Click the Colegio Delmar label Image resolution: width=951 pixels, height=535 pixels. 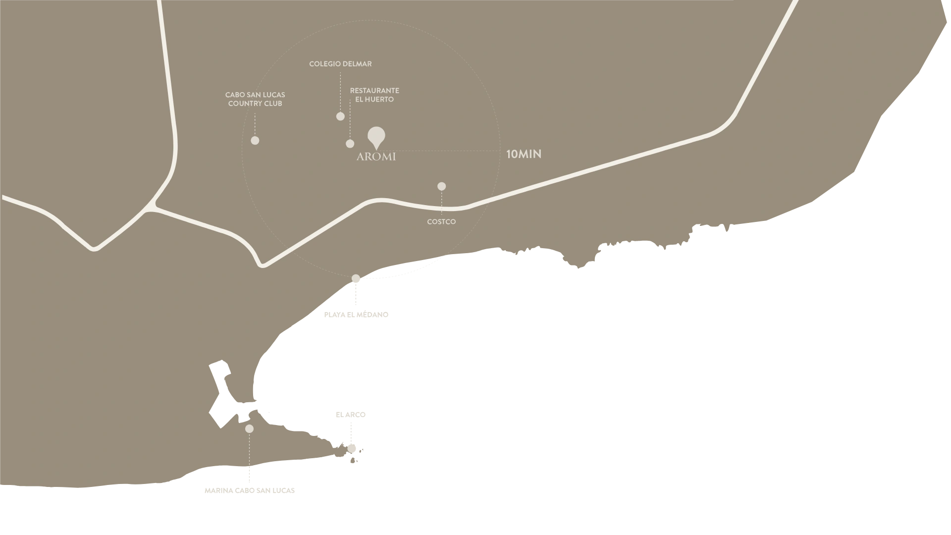[x=340, y=64]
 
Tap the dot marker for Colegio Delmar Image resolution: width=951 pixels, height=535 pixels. [x=340, y=116]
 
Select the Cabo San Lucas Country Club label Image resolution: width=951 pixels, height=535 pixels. [x=255, y=99]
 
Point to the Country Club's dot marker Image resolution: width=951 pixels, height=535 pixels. [x=255, y=141]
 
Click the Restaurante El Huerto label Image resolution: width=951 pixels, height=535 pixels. [x=374, y=95]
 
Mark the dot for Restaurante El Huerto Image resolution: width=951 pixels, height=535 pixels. [x=350, y=144]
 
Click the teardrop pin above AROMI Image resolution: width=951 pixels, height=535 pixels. [x=376, y=136]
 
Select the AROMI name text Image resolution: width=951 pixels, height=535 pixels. [x=376, y=157]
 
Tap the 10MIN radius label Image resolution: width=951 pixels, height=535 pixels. [x=524, y=154]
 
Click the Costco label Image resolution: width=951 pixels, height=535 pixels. [x=441, y=222]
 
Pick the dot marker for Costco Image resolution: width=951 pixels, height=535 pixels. [x=441, y=187]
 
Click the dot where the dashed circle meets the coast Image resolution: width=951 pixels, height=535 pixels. [x=356, y=279]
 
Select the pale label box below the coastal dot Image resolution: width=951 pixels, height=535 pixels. [x=354, y=315]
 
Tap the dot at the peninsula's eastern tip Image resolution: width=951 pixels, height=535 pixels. [x=352, y=449]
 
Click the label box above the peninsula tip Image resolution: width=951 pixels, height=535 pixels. [x=350, y=415]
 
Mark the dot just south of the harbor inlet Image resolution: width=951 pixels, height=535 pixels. [x=249, y=429]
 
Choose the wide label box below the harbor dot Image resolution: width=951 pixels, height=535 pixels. [x=249, y=491]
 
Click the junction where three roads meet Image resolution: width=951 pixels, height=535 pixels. [x=153, y=206]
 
